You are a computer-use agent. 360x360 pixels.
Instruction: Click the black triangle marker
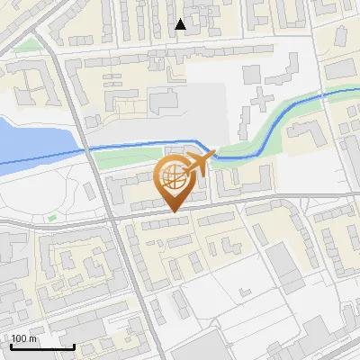pyautogui.click(x=181, y=24)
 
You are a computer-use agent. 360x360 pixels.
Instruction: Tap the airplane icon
pyautogui.click(x=197, y=163)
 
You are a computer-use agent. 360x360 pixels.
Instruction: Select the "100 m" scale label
pyautogui.click(x=24, y=338)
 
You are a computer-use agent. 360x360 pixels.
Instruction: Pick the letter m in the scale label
pyautogui.click(x=32, y=338)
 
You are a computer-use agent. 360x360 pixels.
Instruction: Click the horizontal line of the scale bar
pyautogui.click(x=40, y=346)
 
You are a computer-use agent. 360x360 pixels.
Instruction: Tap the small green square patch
pyautogui.click(x=51, y=217)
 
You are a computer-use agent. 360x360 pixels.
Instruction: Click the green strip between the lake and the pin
pyautogui.click(x=126, y=160)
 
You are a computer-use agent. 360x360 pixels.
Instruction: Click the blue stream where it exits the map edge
pyautogui.click(x=356, y=90)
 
